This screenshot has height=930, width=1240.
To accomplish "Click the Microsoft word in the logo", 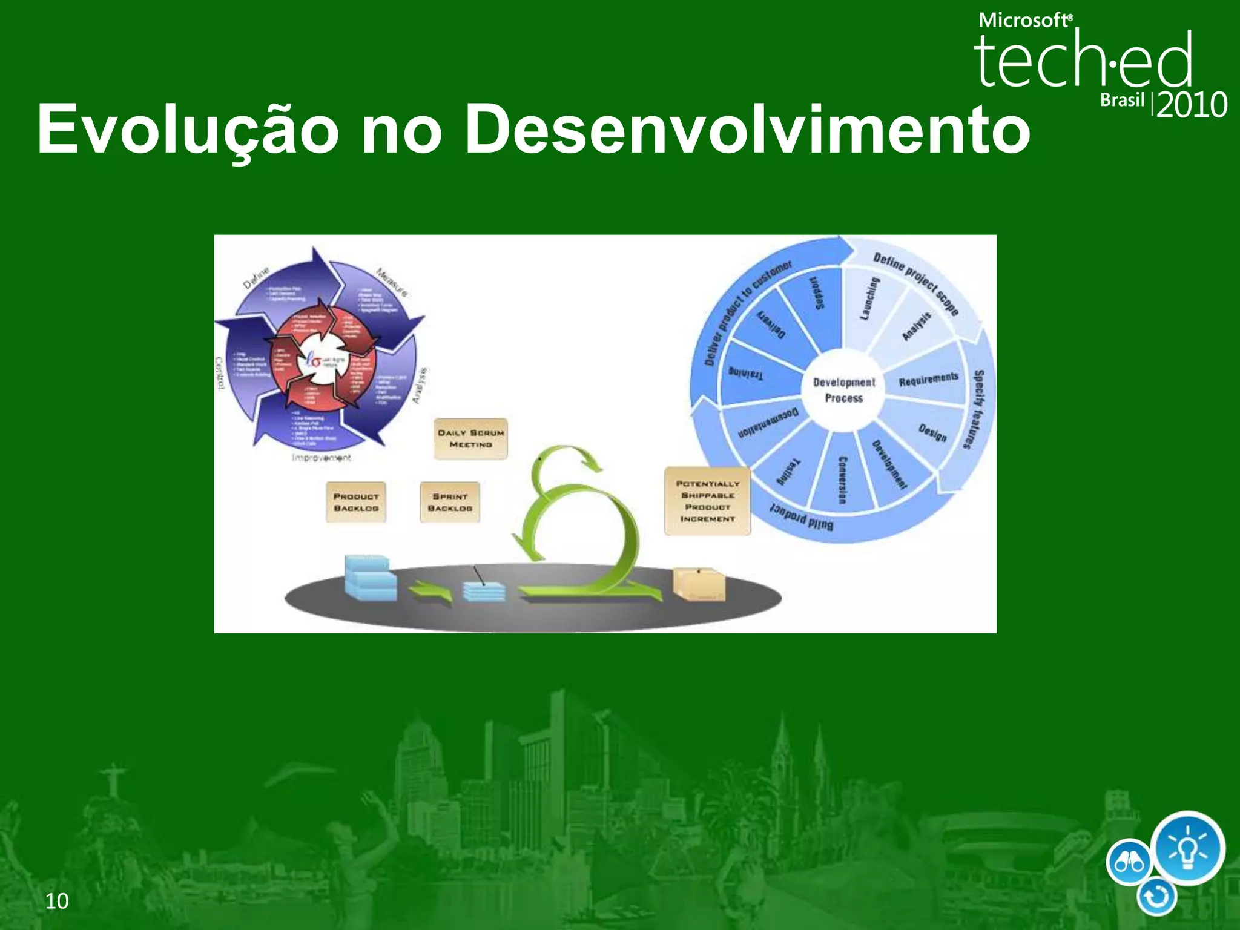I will (1024, 21).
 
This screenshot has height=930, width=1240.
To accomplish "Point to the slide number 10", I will (57, 901).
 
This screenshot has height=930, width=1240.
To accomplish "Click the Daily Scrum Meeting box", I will (470, 439).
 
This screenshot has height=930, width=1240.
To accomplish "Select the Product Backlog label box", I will (356, 502).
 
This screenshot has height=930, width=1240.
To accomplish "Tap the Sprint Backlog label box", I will (450, 502).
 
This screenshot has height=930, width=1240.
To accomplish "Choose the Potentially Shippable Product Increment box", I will (707, 501).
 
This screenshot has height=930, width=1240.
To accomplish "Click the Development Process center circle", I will (843, 390).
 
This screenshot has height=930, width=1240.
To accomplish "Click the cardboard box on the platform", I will (699, 584).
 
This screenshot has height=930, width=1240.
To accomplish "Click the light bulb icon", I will (1187, 847).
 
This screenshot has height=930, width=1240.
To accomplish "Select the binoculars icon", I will (1129, 862).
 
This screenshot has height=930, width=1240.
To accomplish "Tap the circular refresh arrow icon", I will (1156, 897).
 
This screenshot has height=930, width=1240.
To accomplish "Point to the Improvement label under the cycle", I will (321, 458).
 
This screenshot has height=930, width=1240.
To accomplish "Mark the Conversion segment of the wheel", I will (842, 478).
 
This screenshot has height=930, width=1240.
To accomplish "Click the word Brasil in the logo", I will (1122, 100).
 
